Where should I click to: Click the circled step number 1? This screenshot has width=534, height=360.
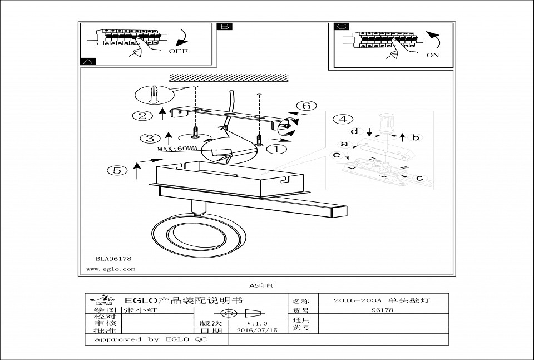[x=277, y=149]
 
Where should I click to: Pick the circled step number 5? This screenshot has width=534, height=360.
[x=117, y=170]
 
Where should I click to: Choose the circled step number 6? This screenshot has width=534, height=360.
[x=305, y=106]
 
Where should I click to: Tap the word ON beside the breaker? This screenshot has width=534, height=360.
[x=432, y=55]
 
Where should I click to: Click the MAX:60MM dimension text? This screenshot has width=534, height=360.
[x=177, y=149]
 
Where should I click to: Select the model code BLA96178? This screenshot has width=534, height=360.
[x=113, y=258]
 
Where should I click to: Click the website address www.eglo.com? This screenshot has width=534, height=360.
[x=111, y=269]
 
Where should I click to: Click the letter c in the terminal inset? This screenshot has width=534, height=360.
[x=419, y=178]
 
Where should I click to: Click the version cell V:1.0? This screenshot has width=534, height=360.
[x=257, y=323]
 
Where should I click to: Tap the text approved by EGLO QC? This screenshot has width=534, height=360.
[x=150, y=339]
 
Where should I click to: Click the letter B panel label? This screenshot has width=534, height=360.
[x=224, y=27]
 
